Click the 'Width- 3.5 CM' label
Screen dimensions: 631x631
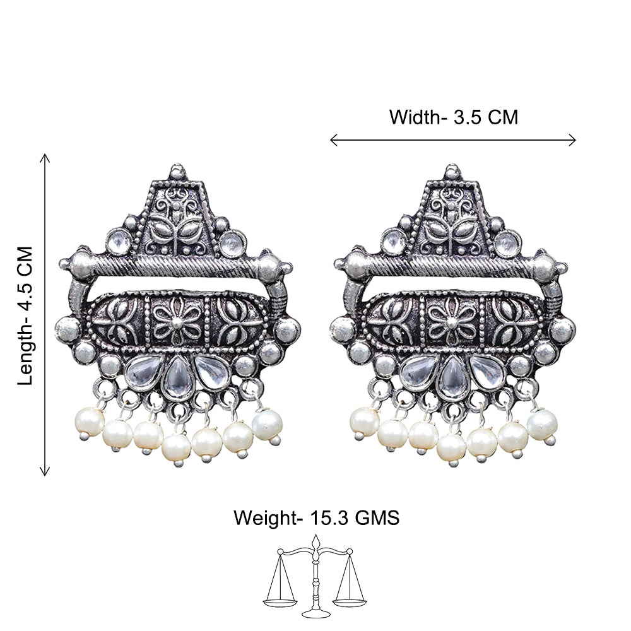click(x=454, y=117)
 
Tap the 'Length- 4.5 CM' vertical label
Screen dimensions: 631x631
click(x=25, y=316)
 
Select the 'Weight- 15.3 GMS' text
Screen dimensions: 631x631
click(x=316, y=517)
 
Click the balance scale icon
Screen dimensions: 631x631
click(x=315, y=577)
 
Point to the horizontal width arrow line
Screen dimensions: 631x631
click(x=452, y=140)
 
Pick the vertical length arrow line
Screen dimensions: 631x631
click(x=45, y=315)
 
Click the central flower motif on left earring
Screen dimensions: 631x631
click(x=177, y=321)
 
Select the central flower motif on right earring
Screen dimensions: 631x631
click(x=452, y=321)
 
